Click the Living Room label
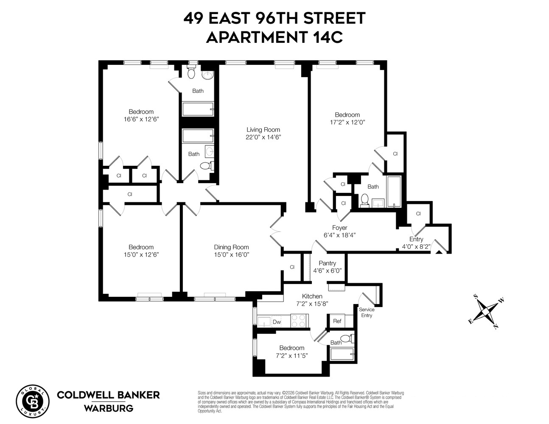(263, 130)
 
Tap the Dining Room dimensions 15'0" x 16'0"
(231, 254)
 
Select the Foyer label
(339, 228)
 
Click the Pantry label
(327, 263)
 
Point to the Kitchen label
(312, 296)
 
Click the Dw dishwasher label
(277, 322)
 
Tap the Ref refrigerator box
(337, 321)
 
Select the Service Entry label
(367, 312)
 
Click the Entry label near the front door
(416, 239)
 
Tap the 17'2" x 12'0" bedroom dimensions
(347, 122)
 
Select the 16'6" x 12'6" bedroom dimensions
(141, 119)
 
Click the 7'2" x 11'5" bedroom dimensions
(292, 355)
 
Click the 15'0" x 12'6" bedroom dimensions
(141, 254)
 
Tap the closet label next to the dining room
(292, 267)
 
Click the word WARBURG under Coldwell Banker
(108, 409)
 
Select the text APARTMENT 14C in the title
(274, 37)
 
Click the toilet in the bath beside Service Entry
(347, 338)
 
